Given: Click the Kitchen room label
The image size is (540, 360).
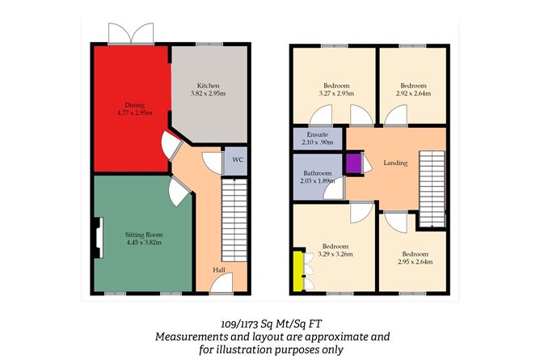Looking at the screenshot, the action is (208, 86).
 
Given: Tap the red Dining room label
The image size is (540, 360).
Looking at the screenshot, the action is (135, 105).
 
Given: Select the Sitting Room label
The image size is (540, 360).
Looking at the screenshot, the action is (144, 235).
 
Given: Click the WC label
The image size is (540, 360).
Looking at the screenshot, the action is (238, 160).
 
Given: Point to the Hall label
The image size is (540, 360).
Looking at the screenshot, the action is (219, 269).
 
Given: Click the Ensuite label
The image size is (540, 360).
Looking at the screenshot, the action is (318, 135).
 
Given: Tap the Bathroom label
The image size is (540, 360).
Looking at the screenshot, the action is (318, 173).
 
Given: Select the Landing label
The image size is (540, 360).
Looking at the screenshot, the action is (395, 163).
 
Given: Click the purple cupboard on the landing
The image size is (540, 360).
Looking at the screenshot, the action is (353, 163).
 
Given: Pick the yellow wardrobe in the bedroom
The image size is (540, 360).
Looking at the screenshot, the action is (298, 271).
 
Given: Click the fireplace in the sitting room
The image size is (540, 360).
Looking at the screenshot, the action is (98, 238).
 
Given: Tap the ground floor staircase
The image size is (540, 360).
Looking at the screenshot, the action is (234, 220).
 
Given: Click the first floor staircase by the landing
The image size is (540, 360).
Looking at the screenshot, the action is (432, 188).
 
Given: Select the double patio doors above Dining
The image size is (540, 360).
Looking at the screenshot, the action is (131, 34).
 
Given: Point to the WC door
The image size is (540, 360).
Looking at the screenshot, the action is (213, 163).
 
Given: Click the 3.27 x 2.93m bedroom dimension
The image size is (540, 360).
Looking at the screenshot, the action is (336, 93).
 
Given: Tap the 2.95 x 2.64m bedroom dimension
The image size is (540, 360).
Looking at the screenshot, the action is (416, 262).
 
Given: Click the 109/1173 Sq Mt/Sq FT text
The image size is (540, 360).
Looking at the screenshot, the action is (271, 324).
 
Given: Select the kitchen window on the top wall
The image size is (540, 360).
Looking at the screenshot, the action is (209, 44).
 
